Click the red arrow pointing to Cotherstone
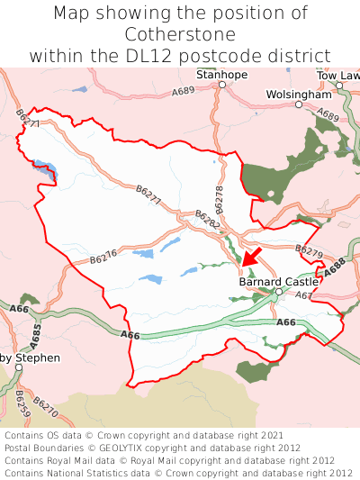252,256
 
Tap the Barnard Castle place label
279,281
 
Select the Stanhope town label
221,74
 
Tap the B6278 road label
219,199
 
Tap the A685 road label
36,337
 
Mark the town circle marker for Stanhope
221,85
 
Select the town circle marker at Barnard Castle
279,292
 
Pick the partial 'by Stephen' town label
30,358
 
